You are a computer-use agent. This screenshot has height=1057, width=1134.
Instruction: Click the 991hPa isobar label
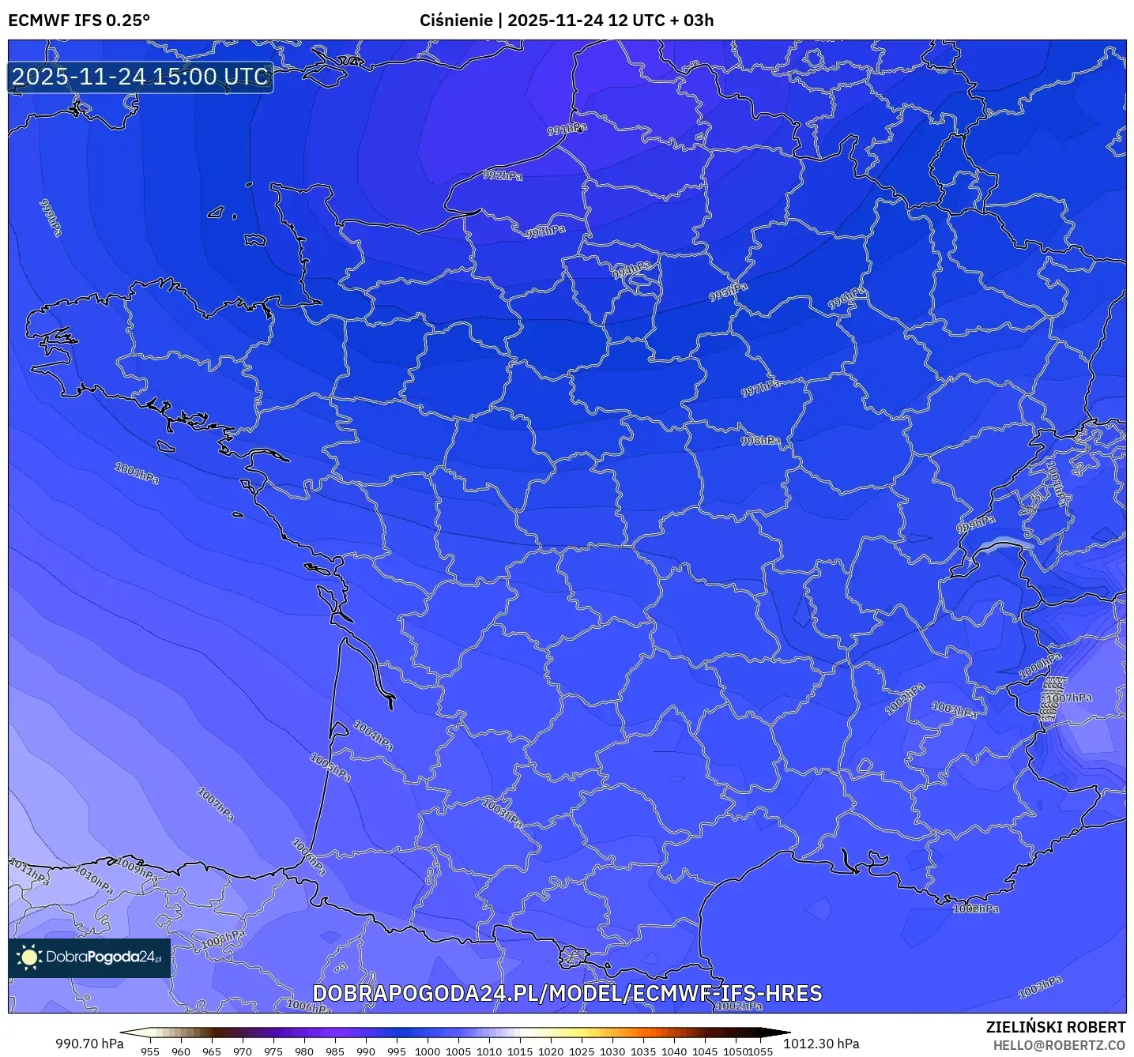point(567,129)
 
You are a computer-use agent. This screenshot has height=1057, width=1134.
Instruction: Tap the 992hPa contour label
point(503,175)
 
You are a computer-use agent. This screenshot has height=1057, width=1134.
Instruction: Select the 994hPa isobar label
point(632,269)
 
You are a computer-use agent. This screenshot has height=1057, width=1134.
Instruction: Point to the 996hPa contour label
point(846,299)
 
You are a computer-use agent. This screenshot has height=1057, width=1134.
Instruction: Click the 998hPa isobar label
point(760,440)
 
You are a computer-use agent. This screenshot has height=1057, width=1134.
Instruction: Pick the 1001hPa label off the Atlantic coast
point(137,474)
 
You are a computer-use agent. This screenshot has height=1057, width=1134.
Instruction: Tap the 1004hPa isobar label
point(373,735)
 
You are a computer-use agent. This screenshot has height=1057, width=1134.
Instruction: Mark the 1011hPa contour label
point(29,871)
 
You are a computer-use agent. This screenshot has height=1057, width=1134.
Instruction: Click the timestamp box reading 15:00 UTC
point(141,77)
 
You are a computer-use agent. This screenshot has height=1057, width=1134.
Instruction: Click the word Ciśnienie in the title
point(456,21)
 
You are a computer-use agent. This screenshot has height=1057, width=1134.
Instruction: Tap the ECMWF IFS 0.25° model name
point(79,21)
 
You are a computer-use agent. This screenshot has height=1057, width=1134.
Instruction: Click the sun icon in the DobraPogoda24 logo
point(29,957)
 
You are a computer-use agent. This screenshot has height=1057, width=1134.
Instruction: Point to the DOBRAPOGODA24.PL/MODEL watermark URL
point(567,993)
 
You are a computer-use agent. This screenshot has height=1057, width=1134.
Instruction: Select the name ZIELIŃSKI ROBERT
point(1056,1027)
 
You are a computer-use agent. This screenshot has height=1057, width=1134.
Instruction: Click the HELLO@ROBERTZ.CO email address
point(1059,1044)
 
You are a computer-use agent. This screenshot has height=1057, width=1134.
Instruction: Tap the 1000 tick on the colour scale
point(428,1051)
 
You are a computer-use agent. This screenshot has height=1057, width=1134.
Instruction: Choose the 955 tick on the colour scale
point(150,1051)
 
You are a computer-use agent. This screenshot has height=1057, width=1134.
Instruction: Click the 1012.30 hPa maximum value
point(821,1044)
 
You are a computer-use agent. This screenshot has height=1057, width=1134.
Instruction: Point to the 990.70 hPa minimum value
point(89,1044)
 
